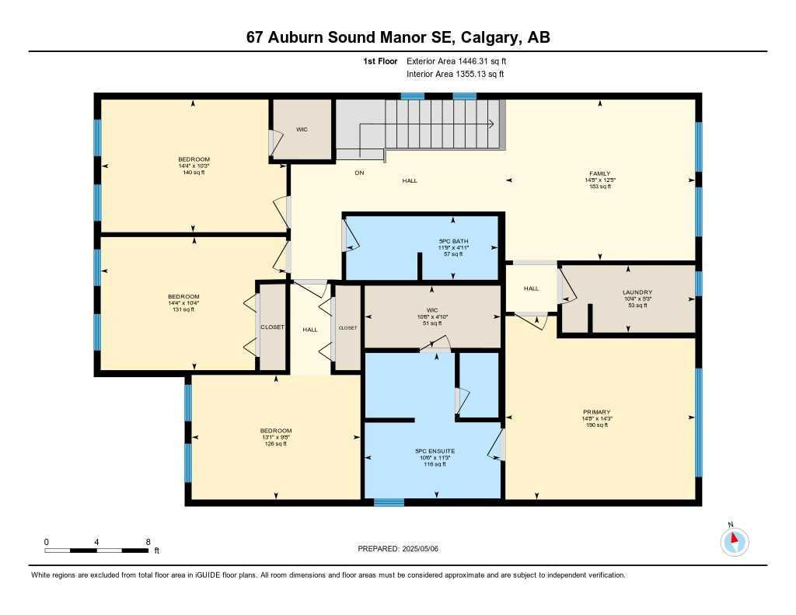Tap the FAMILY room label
(x=599, y=173)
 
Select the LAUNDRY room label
(x=637, y=292)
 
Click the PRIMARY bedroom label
(x=597, y=412)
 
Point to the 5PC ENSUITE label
(x=435, y=451)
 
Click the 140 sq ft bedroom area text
(x=194, y=173)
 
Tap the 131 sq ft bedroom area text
(x=183, y=309)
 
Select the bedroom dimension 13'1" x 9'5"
(x=275, y=438)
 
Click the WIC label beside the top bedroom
(x=302, y=129)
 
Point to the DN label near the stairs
(x=359, y=173)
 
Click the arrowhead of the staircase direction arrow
(x=492, y=124)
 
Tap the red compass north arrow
(x=732, y=537)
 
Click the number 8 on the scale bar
(x=147, y=541)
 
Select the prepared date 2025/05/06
(x=420, y=548)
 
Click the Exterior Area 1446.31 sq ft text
(x=456, y=61)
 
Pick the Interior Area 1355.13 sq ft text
(x=455, y=75)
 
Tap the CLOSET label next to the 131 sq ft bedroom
(x=272, y=327)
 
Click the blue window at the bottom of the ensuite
(x=389, y=502)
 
